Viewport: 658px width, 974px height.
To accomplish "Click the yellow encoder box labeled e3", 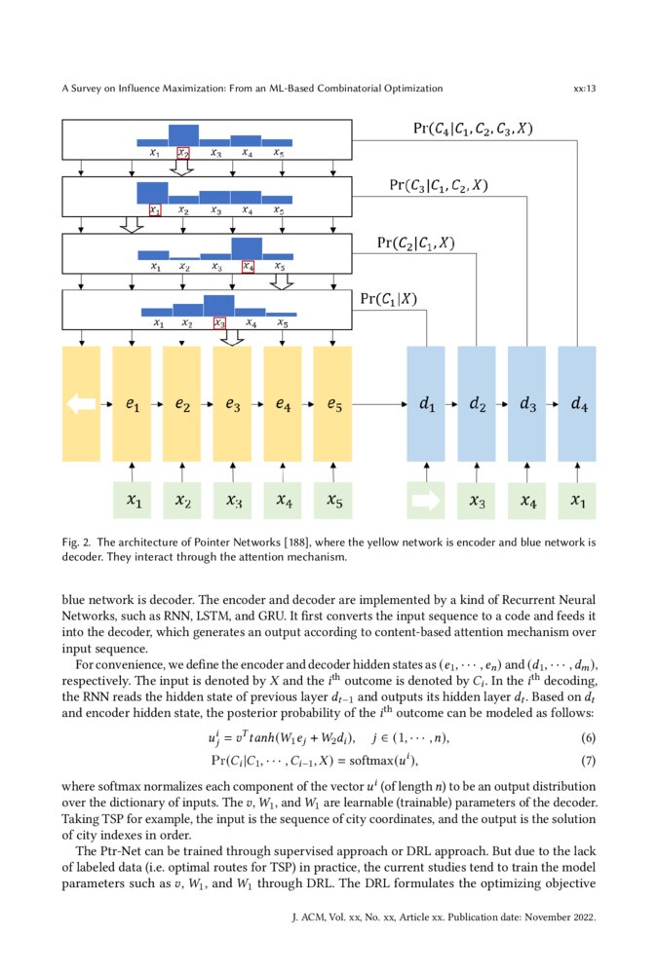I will pos(232,403).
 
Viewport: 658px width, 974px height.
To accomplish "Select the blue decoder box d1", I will pos(426,403).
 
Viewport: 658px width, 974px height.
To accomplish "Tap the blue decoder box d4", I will pos(577,403).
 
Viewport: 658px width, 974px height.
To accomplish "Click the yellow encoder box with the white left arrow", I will pos(81,403).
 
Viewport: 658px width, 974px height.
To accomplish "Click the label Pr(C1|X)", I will pos(389,299).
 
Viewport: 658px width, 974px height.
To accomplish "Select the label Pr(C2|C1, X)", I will pos(415,243).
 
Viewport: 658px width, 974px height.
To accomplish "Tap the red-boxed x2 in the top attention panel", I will pos(182,153).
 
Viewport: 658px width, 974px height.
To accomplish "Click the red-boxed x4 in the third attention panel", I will pos(248,266).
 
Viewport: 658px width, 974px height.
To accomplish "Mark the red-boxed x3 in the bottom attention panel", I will pos(219,323).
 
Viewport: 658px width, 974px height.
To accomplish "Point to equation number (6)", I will pos(587,738).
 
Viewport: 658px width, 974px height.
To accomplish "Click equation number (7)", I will pos(587,759).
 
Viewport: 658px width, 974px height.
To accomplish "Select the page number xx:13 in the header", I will pos(585,88).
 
